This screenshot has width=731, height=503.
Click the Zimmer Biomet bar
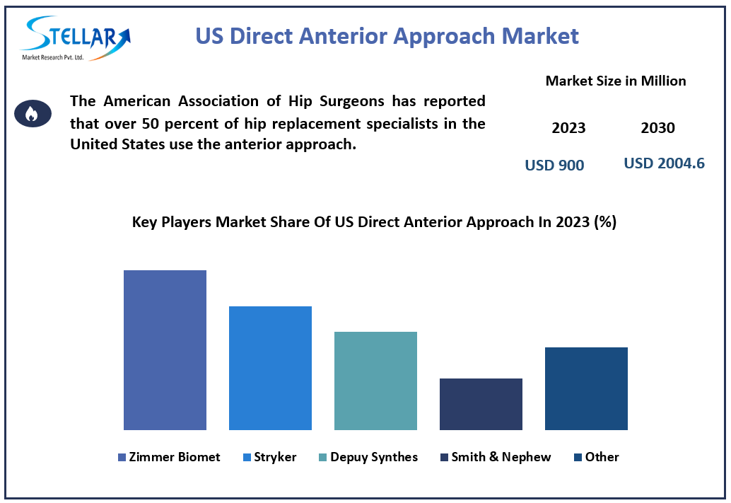coord(165,349)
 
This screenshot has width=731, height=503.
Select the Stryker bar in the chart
coord(270,368)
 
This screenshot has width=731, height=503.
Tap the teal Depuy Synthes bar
coord(375,381)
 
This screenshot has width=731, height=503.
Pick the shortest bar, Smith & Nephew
coord(481,404)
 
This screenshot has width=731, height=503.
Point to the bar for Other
coord(586,388)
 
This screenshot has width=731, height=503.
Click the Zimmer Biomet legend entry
coord(169,457)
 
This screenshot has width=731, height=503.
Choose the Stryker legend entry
coord(269,457)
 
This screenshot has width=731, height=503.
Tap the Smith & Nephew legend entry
coord(495,457)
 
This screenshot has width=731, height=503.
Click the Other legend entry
coord(597,457)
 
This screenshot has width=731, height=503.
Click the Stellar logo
coord(74,37)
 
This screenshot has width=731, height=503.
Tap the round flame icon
coord(33,113)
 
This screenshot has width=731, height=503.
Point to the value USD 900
coord(554,166)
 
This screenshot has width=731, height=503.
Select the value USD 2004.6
coord(664,163)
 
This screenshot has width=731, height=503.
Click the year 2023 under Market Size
coord(568,128)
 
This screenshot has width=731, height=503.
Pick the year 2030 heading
coord(657,128)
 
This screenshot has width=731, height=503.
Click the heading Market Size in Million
coord(615,81)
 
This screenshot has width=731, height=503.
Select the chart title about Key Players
coord(374,222)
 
